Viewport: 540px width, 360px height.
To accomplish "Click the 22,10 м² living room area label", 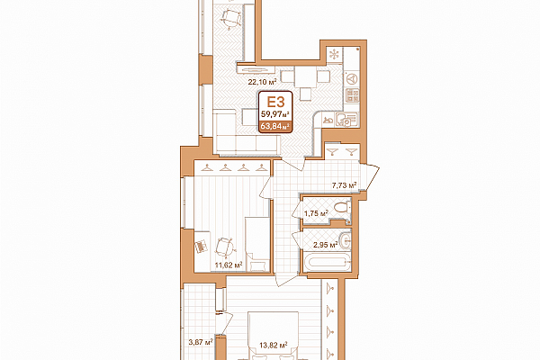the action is tap(263, 82).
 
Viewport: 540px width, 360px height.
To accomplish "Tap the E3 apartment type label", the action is tap(276, 102).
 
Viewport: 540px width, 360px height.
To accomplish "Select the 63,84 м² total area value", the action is tap(274, 126).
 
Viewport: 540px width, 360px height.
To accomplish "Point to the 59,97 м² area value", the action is tap(274, 113).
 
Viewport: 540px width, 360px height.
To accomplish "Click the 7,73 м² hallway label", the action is tap(344, 185).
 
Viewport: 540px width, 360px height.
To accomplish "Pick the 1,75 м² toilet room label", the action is tap(316, 213).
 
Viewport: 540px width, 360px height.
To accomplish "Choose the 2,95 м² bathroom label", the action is tap(325, 245).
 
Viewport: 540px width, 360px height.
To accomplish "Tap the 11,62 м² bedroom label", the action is tap(229, 265).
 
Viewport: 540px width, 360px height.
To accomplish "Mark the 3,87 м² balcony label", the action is tap(201, 342).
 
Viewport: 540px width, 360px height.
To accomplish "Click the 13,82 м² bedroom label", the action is tap(274, 345).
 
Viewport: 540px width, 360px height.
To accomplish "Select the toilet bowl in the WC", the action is tap(342, 208).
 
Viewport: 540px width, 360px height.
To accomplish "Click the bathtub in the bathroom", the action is tap(327, 263).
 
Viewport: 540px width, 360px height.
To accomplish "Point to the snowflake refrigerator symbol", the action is tap(334, 54).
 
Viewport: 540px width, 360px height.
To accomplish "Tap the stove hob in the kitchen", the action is tap(352, 95).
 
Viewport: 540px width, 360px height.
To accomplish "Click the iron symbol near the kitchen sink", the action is tap(328, 121).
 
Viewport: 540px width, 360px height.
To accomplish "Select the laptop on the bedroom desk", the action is tap(201, 247).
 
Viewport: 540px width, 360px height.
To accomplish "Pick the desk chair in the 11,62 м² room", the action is tap(225, 247).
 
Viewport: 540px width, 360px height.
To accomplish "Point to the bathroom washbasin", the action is tap(345, 240).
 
